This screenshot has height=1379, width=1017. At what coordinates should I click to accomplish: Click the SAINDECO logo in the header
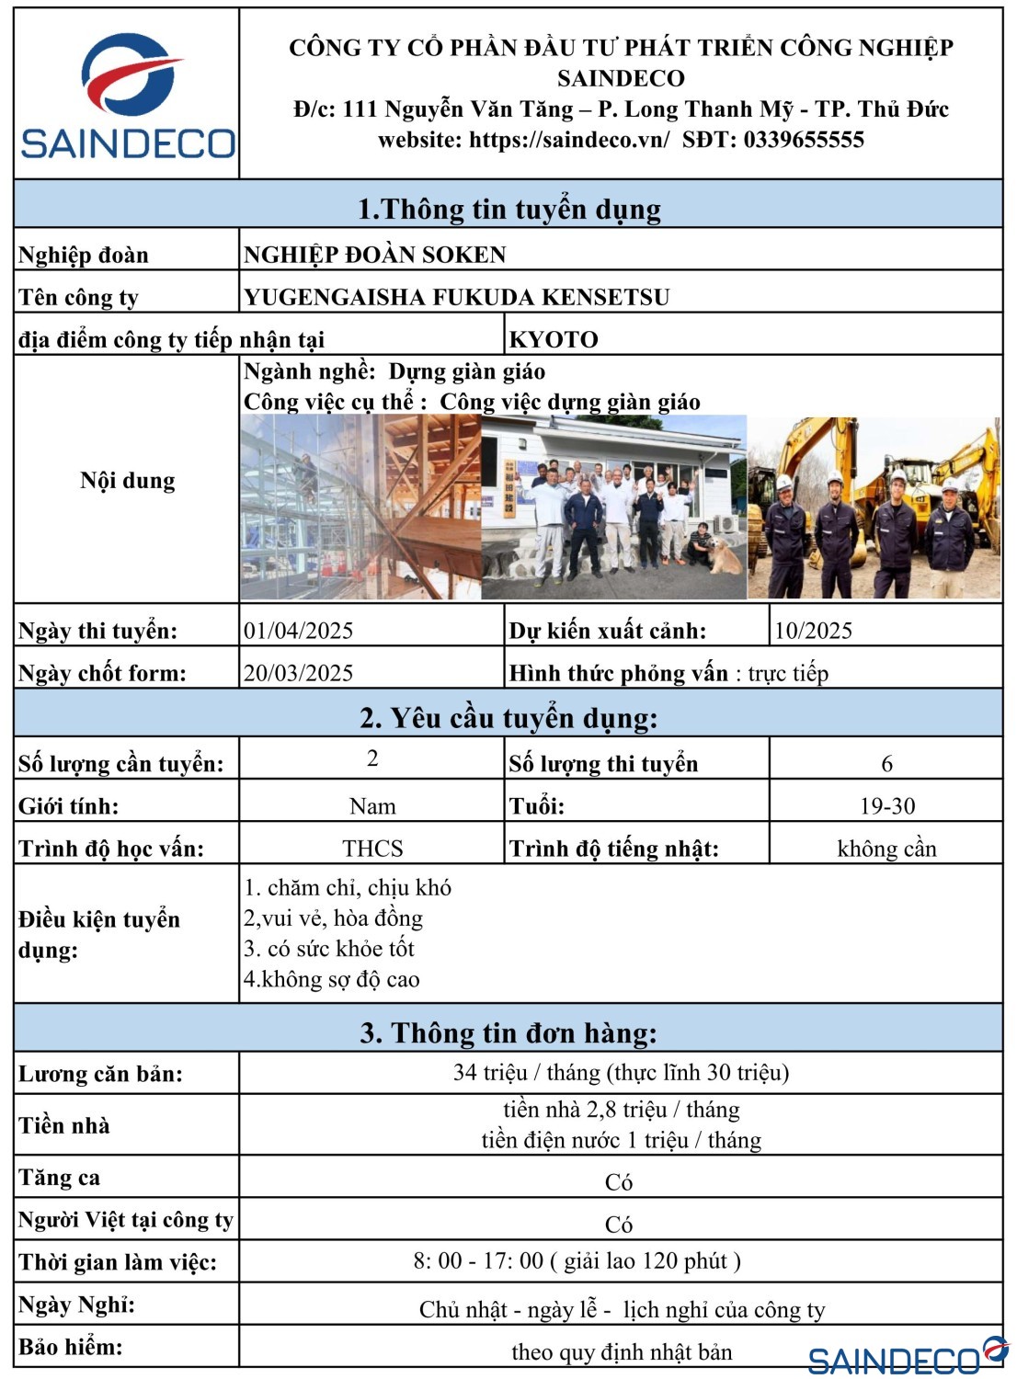[128, 95]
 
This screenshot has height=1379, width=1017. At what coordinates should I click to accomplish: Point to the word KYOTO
[554, 339]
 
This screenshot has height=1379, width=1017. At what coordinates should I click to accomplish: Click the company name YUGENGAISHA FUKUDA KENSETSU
[456, 297]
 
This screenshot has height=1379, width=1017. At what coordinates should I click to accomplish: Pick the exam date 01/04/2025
[298, 631]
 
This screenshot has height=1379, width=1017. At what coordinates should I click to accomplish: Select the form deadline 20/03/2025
[298, 673]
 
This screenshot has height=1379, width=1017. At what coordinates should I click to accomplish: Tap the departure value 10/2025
[813, 631]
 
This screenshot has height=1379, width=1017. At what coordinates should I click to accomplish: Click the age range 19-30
[886, 806]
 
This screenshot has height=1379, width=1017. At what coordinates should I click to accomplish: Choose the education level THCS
[372, 849]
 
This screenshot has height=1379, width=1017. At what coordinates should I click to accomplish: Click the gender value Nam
[372, 806]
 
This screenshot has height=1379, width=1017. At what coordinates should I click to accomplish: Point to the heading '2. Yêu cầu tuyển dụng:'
[508, 718]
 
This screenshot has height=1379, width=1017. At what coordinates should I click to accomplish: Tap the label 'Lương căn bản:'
[100, 1074]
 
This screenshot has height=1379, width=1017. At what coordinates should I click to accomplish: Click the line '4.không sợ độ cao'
[331, 979]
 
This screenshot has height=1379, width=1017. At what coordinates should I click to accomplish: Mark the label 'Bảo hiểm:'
[70, 1347]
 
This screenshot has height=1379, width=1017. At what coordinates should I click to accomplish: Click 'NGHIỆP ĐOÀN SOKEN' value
[374, 255]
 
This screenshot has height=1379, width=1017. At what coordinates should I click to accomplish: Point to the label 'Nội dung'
[127, 481]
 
